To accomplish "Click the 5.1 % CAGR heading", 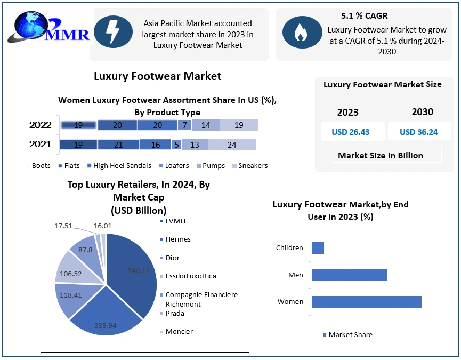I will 365,16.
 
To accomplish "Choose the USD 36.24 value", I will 419,132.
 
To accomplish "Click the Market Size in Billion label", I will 381,155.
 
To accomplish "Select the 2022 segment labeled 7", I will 184,125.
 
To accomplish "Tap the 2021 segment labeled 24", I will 232,145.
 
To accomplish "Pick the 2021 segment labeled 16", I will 155,145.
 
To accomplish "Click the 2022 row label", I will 41,125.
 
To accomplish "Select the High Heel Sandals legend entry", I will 119,165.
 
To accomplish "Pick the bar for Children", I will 318,248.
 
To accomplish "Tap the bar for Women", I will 366,302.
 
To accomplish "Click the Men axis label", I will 296,275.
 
